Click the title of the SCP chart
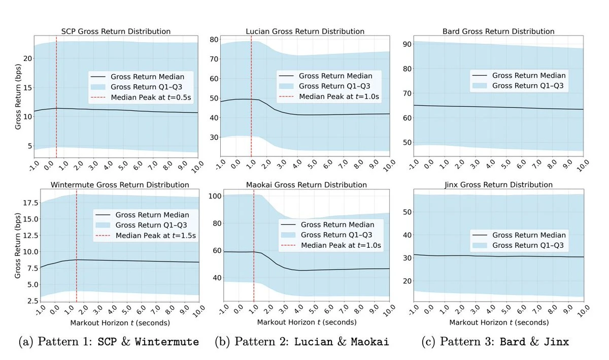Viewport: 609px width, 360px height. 116,31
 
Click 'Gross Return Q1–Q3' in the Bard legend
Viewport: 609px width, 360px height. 528,86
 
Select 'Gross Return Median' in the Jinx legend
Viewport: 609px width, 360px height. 528,235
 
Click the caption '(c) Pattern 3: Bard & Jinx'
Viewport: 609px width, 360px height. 495,342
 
